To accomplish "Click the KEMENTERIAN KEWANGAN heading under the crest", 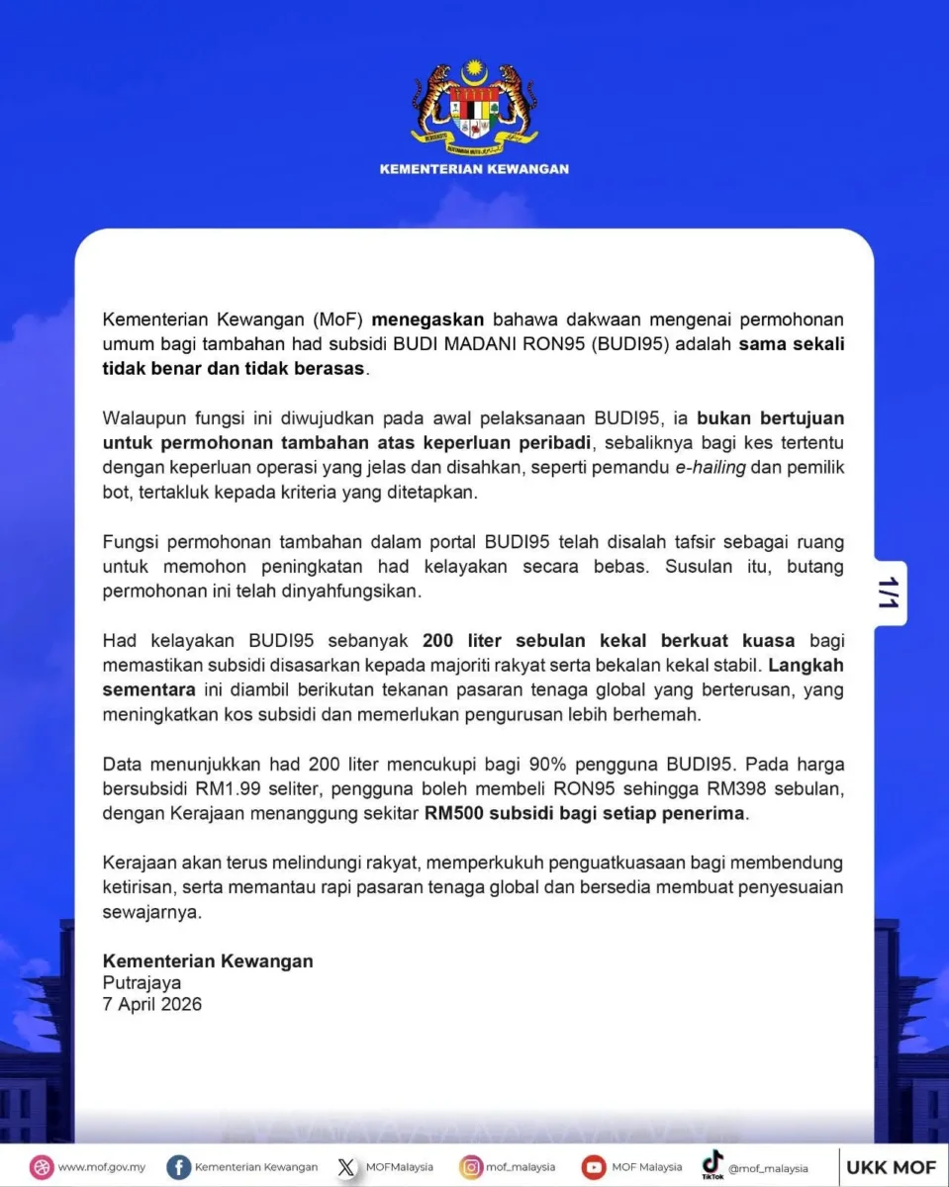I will click(x=474, y=169).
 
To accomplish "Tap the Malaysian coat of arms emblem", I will click(x=474, y=104).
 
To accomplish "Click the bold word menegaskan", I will click(x=427, y=320).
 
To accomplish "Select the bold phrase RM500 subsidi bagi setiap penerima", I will click(x=586, y=814).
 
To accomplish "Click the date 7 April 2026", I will click(x=151, y=1004).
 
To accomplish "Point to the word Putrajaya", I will click(x=142, y=982).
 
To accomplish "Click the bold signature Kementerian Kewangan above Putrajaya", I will click(x=208, y=960).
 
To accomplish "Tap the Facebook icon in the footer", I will click(x=178, y=1167).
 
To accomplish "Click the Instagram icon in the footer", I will click(x=471, y=1167).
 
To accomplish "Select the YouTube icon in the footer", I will click(x=594, y=1167).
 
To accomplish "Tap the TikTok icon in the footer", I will click(x=712, y=1165).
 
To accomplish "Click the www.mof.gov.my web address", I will click(x=101, y=1167).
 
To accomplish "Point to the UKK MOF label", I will click(x=892, y=1167).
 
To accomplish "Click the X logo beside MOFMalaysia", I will click(x=346, y=1167).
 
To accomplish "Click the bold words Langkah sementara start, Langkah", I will click(x=807, y=665).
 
